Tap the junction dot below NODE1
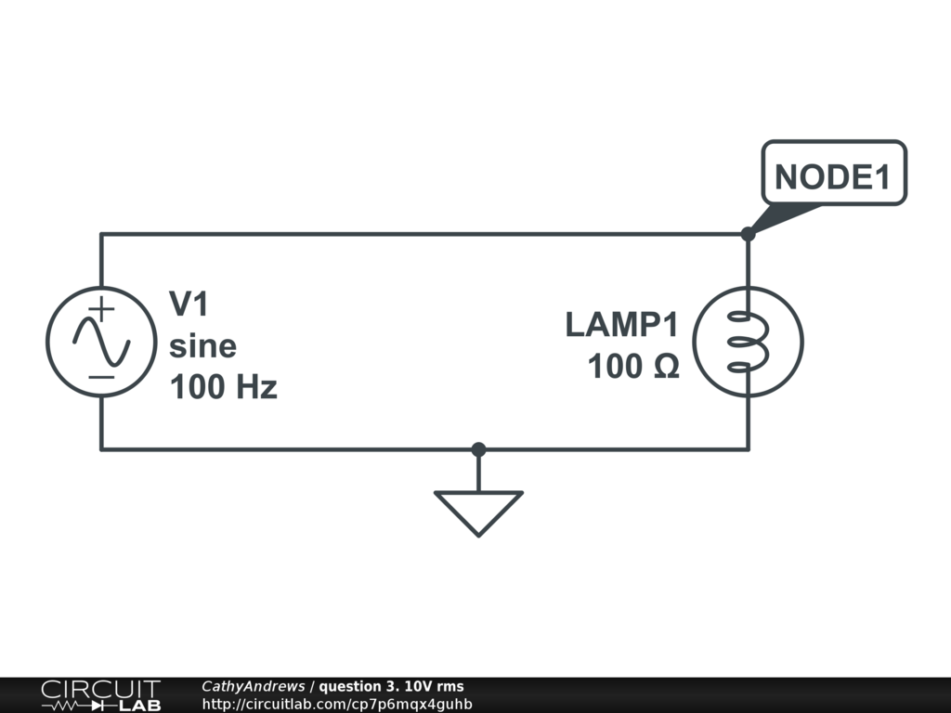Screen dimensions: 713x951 click(748, 234)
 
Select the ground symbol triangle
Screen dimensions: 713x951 click(478, 511)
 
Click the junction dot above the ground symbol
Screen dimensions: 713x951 click(478, 449)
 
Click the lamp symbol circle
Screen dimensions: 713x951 click(748, 342)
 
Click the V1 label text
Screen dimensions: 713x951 click(189, 304)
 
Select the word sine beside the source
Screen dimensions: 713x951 click(202, 346)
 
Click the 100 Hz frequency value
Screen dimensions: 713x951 click(223, 387)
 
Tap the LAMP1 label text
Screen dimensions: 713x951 click(622, 325)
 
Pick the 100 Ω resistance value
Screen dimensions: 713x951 click(633, 367)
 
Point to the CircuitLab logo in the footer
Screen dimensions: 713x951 click(100, 695)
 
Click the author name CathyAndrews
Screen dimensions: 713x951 click(253, 686)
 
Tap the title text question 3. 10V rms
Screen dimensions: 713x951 click(391, 686)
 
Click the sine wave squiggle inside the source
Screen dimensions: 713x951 click(101, 343)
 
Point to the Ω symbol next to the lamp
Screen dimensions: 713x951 click(666, 367)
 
